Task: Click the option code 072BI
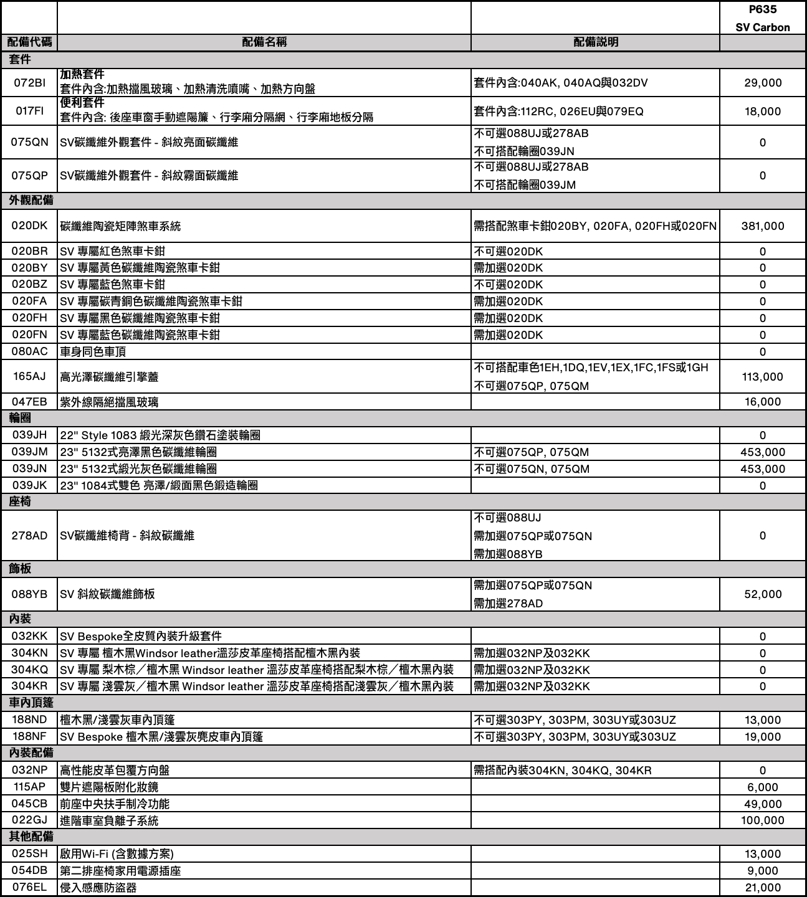click(x=29, y=83)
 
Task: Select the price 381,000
click(x=762, y=226)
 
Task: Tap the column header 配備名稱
click(x=264, y=42)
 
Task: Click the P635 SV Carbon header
click(x=762, y=19)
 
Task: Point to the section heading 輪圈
click(x=20, y=418)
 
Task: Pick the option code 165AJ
click(x=29, y=376)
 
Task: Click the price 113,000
click(x=762, y=376)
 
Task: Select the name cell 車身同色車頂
click(x=93, y=351)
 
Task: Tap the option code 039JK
click(x=29, y=485)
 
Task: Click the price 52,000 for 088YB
click(x=762, y=594)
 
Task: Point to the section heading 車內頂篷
click(x=31, y=703)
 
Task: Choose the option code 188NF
click(x=29, y=737)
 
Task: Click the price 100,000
click(x=762, y=820)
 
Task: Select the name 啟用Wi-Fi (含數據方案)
click(x=117, y=854)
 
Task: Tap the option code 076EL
click(x=29, y=888)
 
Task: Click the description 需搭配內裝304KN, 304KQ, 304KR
click(x=563, y=771)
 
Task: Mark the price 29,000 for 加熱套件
click(x=762, y=83)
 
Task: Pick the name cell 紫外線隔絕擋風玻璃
click(x=109, y=402)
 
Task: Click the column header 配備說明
click(x=595, y=42)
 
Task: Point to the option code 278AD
click(x=29, y=536)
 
